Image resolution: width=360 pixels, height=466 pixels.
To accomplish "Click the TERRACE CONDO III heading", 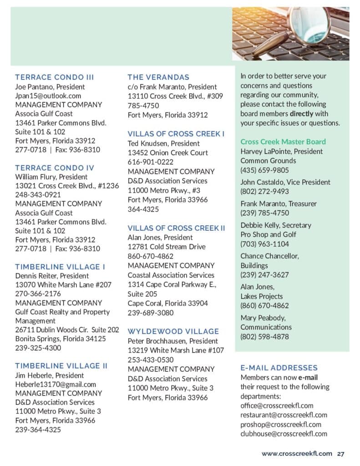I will point(55,77).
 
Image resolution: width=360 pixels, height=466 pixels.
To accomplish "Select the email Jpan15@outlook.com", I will point(48,96).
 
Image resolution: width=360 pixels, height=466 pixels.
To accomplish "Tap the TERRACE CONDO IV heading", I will point(55,167).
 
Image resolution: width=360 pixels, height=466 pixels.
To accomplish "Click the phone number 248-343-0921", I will point(38,194).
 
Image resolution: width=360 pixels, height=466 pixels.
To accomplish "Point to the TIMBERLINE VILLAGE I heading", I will point(60,267).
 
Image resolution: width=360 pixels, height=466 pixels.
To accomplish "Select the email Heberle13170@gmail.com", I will point(56,385).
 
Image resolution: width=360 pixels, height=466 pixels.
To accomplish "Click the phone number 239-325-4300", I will point(38,348).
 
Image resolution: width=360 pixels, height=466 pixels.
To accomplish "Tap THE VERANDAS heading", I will point(158,77).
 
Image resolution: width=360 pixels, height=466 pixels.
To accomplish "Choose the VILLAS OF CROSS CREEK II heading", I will point(177,228).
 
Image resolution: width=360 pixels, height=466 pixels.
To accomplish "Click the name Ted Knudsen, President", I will point(164,143).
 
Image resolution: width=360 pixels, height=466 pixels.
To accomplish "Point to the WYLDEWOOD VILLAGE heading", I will point(173,331).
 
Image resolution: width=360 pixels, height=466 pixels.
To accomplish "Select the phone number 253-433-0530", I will point(151,360).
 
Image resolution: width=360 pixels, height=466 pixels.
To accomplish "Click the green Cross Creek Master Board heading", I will point(283,142).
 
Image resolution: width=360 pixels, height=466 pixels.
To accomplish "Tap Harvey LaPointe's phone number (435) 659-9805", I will point(264,170).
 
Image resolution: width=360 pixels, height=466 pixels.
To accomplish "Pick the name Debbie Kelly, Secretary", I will point(276,225).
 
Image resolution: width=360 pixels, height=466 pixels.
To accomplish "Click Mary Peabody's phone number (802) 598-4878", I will point(264,337).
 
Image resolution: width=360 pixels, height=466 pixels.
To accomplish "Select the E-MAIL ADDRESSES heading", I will point(279,368).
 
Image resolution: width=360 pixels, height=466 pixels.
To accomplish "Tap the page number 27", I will point(341,453).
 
